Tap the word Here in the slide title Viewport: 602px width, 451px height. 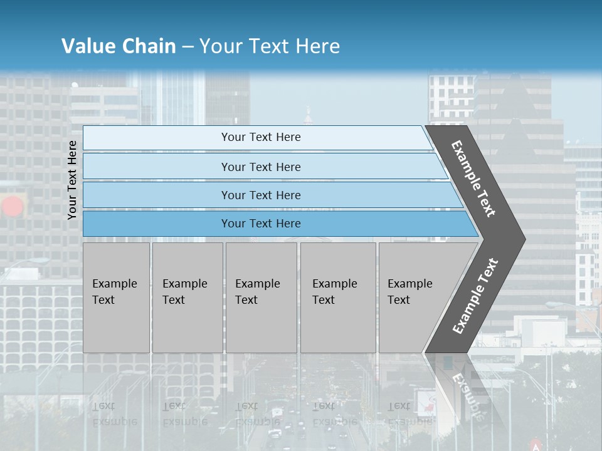coord(317,46)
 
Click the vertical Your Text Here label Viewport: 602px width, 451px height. coord(73,180)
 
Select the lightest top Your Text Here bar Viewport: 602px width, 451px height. coord(261,138)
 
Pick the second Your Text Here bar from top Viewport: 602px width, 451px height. coord(261,167)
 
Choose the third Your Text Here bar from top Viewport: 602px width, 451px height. coord(261,195)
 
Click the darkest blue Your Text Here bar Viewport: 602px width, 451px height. coord(261,224)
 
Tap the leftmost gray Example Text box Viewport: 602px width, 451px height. coord(116,298)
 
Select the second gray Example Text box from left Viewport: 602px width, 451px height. coord(187,298)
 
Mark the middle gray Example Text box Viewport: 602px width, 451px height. coord(261,298)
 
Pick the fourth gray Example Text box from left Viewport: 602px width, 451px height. coord(338,298)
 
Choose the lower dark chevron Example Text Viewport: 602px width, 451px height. coord(475,296)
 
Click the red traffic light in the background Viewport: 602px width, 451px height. coord(12,206)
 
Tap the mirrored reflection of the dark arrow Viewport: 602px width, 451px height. coord(464,388)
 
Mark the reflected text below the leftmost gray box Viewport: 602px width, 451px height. coord(114,413)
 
